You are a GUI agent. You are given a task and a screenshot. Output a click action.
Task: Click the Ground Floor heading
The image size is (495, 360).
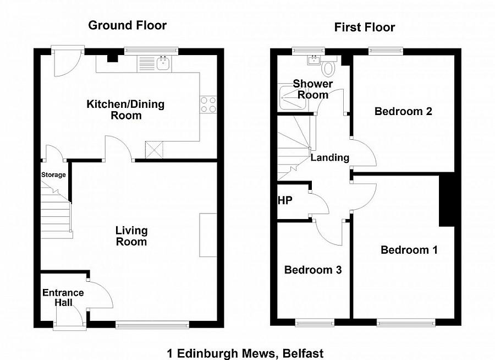coord(128,25)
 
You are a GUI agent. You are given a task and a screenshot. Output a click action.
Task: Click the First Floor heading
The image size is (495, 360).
coord(365,28)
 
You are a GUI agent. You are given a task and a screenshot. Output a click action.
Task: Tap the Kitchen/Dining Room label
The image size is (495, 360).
coord(126,110)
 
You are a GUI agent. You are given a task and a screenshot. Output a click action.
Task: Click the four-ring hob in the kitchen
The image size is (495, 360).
coord(209,104)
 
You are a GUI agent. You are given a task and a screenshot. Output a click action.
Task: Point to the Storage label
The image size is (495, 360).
coord(53,175)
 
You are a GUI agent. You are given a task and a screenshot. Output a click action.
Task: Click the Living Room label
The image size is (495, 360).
coord(131,236)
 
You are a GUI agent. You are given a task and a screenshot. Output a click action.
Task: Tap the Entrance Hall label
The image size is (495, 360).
coord(63,298)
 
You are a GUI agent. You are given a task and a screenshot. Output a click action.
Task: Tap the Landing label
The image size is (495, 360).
coord(330,158)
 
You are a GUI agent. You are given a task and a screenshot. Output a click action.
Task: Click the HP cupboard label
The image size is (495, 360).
coord(284,200)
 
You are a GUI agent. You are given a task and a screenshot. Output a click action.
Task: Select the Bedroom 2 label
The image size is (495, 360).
coord(403,111)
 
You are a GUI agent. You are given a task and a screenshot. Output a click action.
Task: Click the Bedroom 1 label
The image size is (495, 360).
coord(409,250)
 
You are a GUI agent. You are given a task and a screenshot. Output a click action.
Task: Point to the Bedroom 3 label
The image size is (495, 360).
coord(312,270)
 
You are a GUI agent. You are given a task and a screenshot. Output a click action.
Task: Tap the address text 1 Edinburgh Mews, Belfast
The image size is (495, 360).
coord(245,353)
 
